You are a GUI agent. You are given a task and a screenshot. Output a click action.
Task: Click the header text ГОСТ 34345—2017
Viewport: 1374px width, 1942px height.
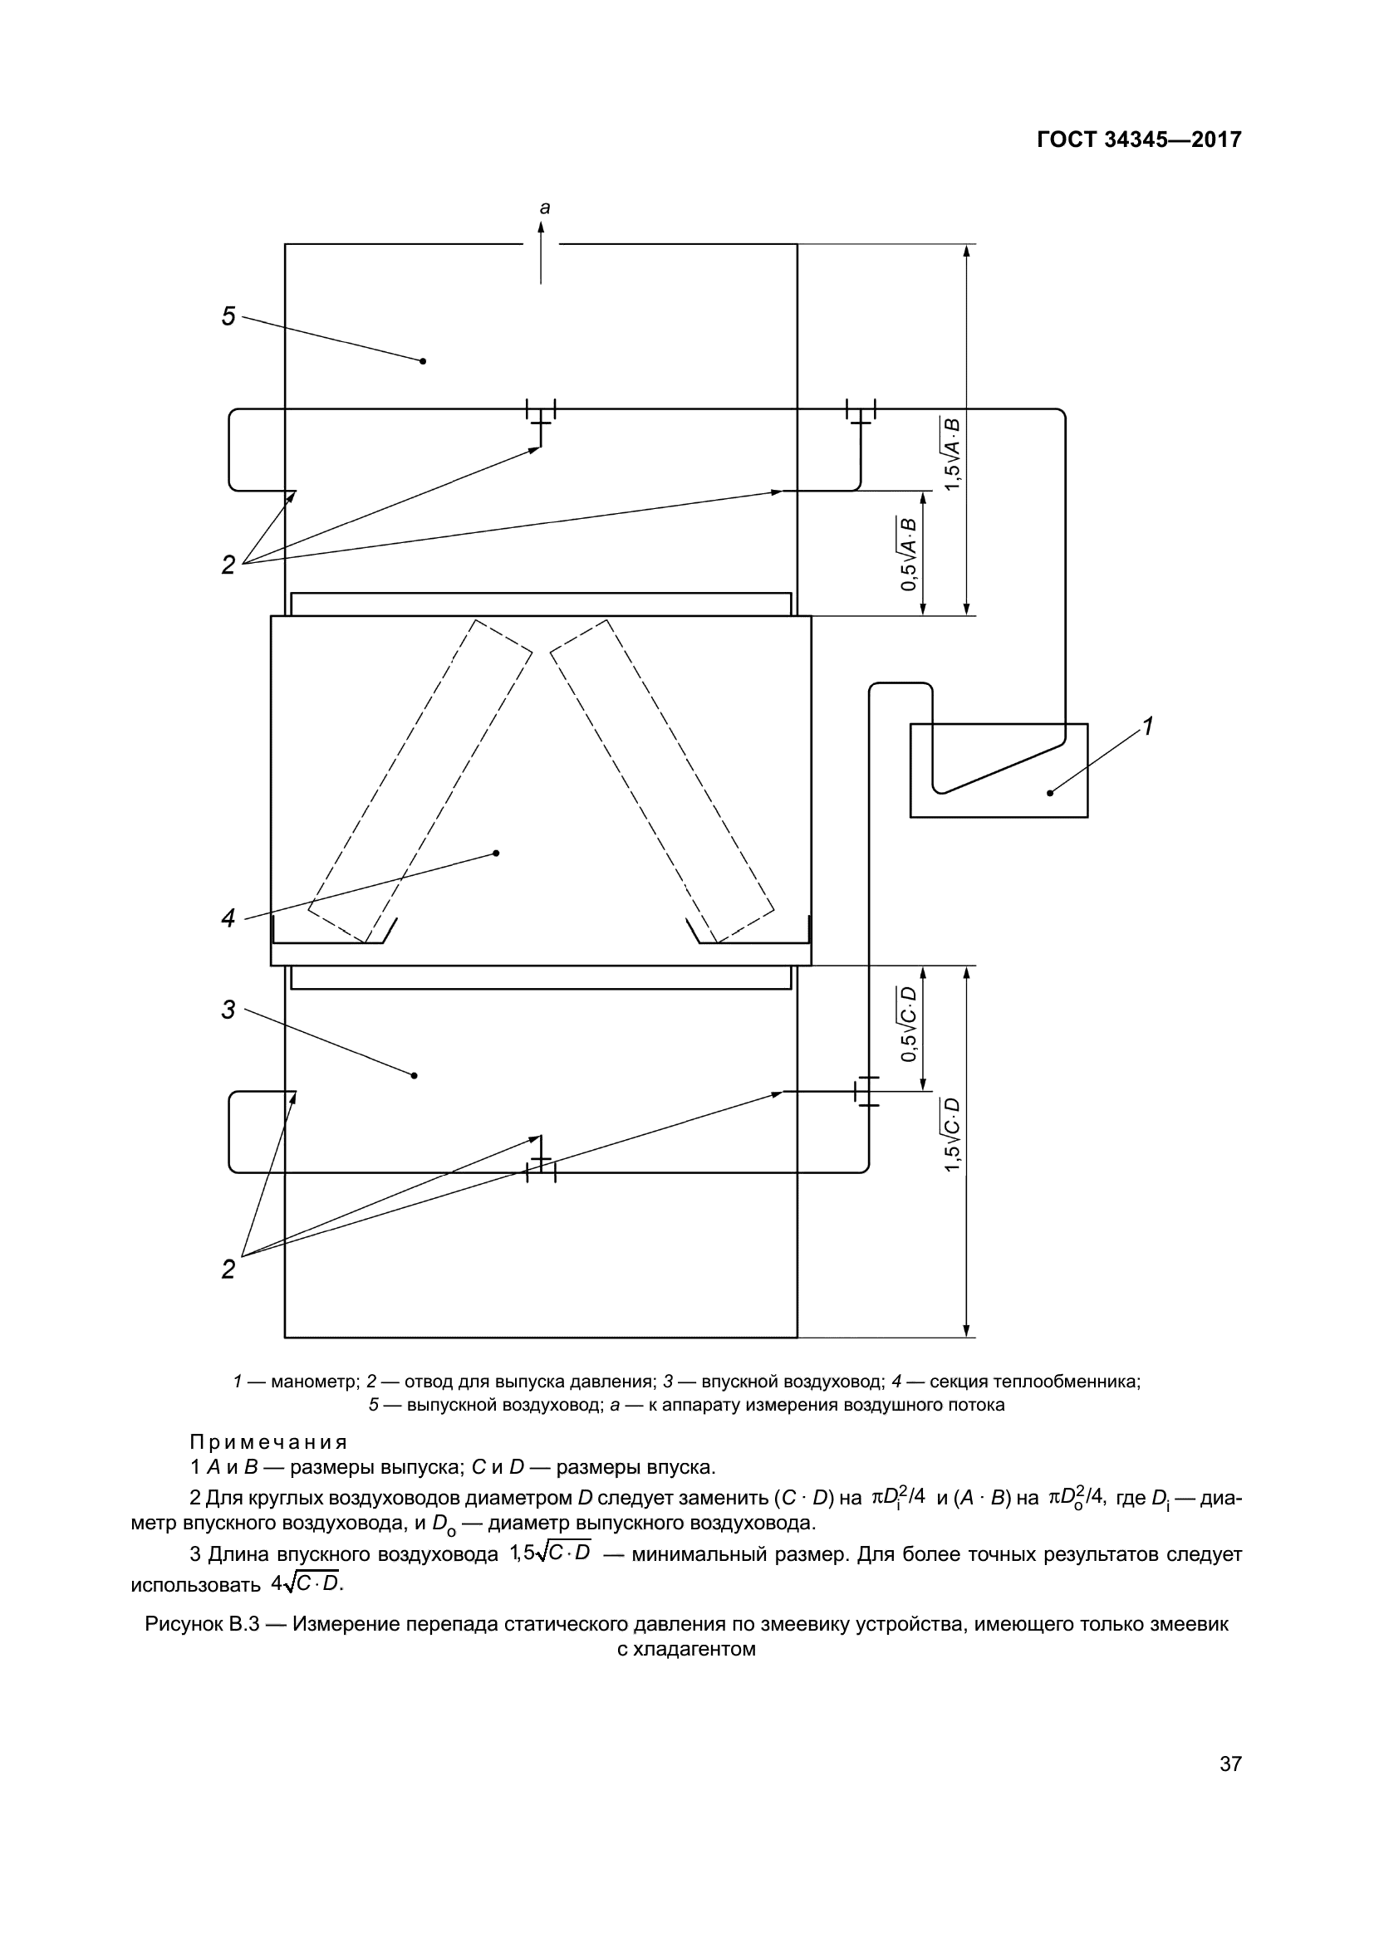[x=1139, y=139]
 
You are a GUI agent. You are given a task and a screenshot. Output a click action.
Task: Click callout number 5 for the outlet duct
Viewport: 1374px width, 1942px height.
[x=228, y=317]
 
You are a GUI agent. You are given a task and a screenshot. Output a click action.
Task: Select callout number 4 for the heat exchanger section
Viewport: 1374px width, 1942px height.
[x=228, y=917]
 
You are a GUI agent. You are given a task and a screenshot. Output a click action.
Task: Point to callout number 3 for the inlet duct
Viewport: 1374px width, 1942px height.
[x=228, y=1010]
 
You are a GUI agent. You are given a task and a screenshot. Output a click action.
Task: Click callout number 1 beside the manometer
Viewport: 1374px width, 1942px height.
[x=1148, y=726]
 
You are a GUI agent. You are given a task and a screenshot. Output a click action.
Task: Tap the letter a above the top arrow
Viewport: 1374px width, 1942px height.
[x=545, y=208]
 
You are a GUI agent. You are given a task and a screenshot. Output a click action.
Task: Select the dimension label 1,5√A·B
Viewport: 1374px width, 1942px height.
[x=953, y=453]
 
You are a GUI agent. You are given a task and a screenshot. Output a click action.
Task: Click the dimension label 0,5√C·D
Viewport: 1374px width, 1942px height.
[x=909, y=1024]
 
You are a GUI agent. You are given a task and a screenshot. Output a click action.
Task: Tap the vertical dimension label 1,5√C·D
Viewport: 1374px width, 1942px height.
[x=953, y=1134]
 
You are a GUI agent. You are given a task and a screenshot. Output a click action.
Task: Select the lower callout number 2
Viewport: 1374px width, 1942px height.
[x=228, y=1269]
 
